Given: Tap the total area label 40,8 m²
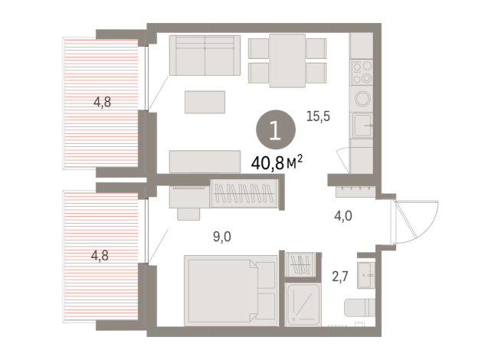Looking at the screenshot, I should (x=277, y=162).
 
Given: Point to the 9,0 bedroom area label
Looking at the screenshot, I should (x=221, y=237).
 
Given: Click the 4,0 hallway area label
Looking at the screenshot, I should (x=342, y=216).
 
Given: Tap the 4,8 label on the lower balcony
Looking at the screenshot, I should (x=100, y=256).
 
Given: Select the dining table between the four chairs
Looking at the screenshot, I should (x=287, y=60).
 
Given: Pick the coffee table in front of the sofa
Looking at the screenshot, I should (x=205, y=101).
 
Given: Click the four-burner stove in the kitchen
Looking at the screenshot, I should (x=361, y=74).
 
